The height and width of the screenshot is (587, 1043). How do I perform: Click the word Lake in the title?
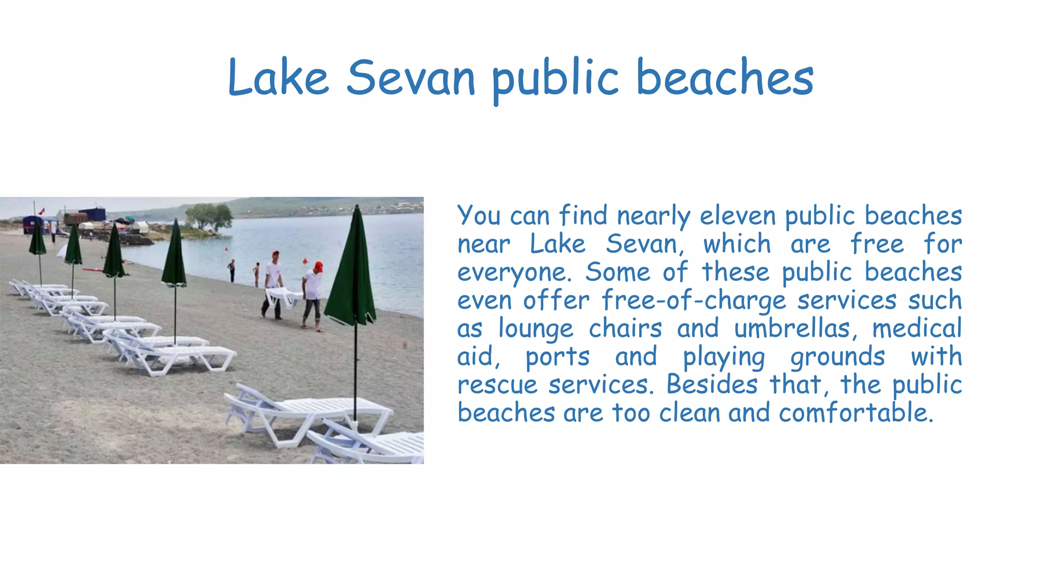(x=278, y=78)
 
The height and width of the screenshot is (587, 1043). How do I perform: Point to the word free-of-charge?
(x=694, y=300)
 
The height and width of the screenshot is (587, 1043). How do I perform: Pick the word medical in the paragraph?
(x=917, y=328)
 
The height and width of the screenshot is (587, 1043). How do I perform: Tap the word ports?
(x=557, y=357)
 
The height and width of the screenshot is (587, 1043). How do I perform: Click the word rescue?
(x=497, y=385)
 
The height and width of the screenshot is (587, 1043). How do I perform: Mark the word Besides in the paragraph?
(x=712, y=384)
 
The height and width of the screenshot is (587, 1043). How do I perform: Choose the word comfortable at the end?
(x=856, y=412)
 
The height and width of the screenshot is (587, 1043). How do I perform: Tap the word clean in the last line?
(x=689, y=412)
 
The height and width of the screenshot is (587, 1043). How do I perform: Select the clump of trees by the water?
(x=209, y=216)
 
